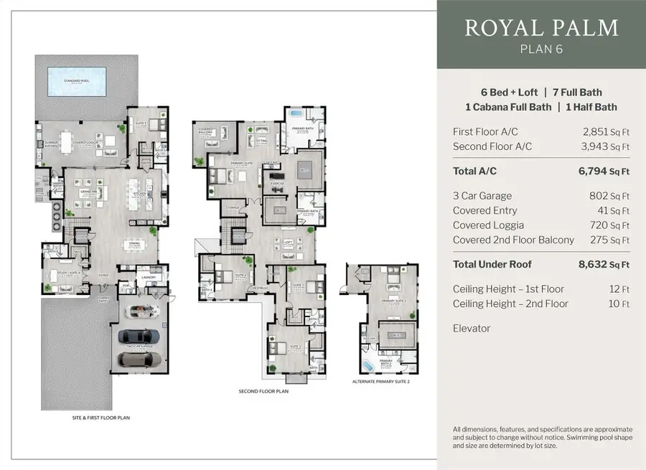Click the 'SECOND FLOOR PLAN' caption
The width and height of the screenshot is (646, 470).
pyautogui.click(x=263, y=391)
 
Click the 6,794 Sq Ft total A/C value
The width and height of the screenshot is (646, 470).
pyautogui.click(x=604, y=171)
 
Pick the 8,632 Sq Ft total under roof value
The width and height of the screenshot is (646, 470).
pyautogui.click(x=604, y=264)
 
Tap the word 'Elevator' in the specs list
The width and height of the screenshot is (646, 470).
pyautogui.click(x=472, y=328)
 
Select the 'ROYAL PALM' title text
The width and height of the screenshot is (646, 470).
pyautogui.click(x=541, y=28)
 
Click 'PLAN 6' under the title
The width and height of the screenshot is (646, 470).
pyautogui.click(x=541, y=49)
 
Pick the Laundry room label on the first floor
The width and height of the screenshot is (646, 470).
pyautogui.click(x=149, y=276)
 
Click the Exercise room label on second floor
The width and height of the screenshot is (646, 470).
pyautogui.click(x=276, y=183)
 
